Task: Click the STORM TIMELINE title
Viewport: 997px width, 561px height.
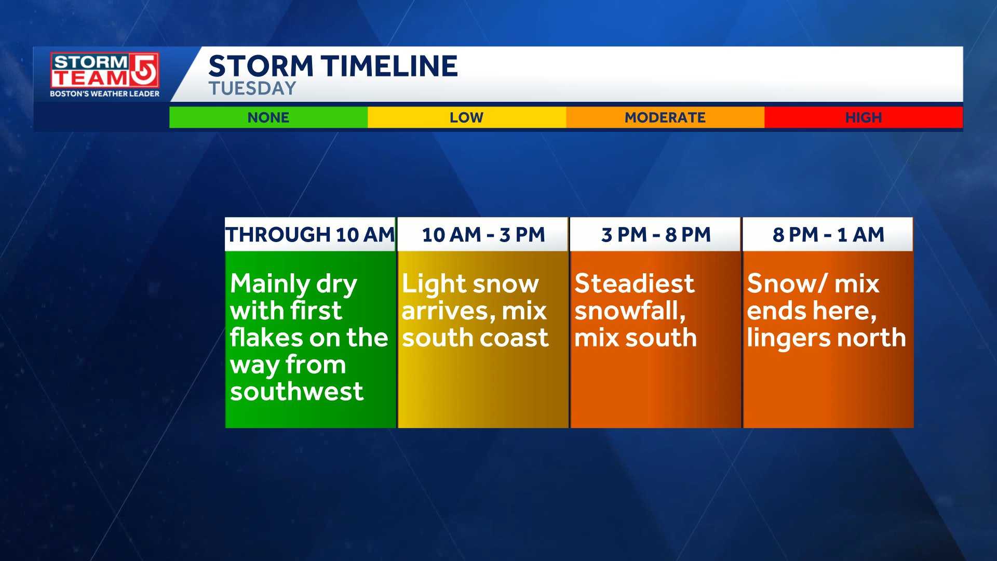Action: pos(333,66)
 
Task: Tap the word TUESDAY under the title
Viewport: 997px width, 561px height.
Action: pos(252,89)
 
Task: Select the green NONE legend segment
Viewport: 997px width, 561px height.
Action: pos(268,117)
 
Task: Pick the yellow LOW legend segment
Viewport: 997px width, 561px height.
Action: pos(466,117)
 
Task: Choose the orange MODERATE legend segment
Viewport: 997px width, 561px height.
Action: pos(665,117)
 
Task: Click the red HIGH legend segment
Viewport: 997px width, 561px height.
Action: pos(863,117)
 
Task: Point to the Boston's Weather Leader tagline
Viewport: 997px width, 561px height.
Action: pos(104,94)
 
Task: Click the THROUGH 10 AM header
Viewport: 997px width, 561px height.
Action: pos(310,235)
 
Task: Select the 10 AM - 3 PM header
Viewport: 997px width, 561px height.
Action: pos(483,235)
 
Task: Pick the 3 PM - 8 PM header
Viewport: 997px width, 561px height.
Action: pos(655,235)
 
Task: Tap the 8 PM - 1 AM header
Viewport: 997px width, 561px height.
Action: pos(828,235)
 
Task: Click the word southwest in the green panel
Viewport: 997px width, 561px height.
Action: pos(297,392)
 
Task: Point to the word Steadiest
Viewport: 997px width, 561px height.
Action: pos(634,284)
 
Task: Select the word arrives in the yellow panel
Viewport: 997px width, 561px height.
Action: pos(446,312)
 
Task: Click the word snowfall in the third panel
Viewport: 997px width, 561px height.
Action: pos(629,311)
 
